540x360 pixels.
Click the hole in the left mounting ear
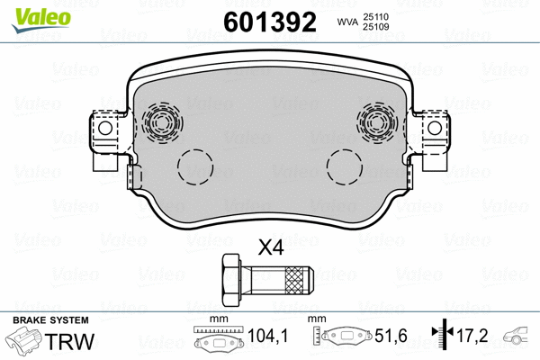[x=104, y=129]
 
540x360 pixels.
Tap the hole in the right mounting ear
[x=435, y=129]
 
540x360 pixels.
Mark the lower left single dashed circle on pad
[x=195, y=164]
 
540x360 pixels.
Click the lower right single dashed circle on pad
[x=345, y=164]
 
